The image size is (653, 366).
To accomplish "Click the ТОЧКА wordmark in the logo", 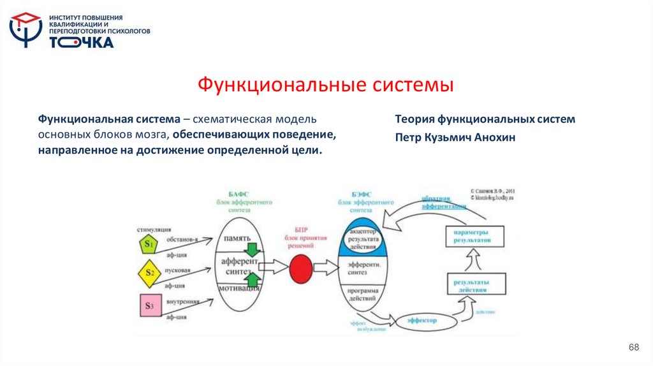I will [x=82, y=42].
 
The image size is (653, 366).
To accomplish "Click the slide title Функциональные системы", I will [x=325, y=84].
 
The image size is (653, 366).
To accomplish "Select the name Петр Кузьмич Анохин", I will [x=455, y=137].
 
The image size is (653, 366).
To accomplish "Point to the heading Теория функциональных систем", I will [x=485, y=119].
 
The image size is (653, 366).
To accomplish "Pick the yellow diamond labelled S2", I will [x=149, y=273].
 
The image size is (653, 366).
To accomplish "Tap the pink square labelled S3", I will [x=149, y=306].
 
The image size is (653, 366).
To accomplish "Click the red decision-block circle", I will [x=300, y=268].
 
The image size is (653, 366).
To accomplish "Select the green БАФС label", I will [x=239, y=193].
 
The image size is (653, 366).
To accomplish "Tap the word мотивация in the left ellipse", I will [x=238, y=288].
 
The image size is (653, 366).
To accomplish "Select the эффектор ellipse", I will [x=420, y=321].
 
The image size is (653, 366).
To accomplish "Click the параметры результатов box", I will [x=473, y=237].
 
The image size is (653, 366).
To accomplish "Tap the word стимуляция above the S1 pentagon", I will [x=154, y=228].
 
